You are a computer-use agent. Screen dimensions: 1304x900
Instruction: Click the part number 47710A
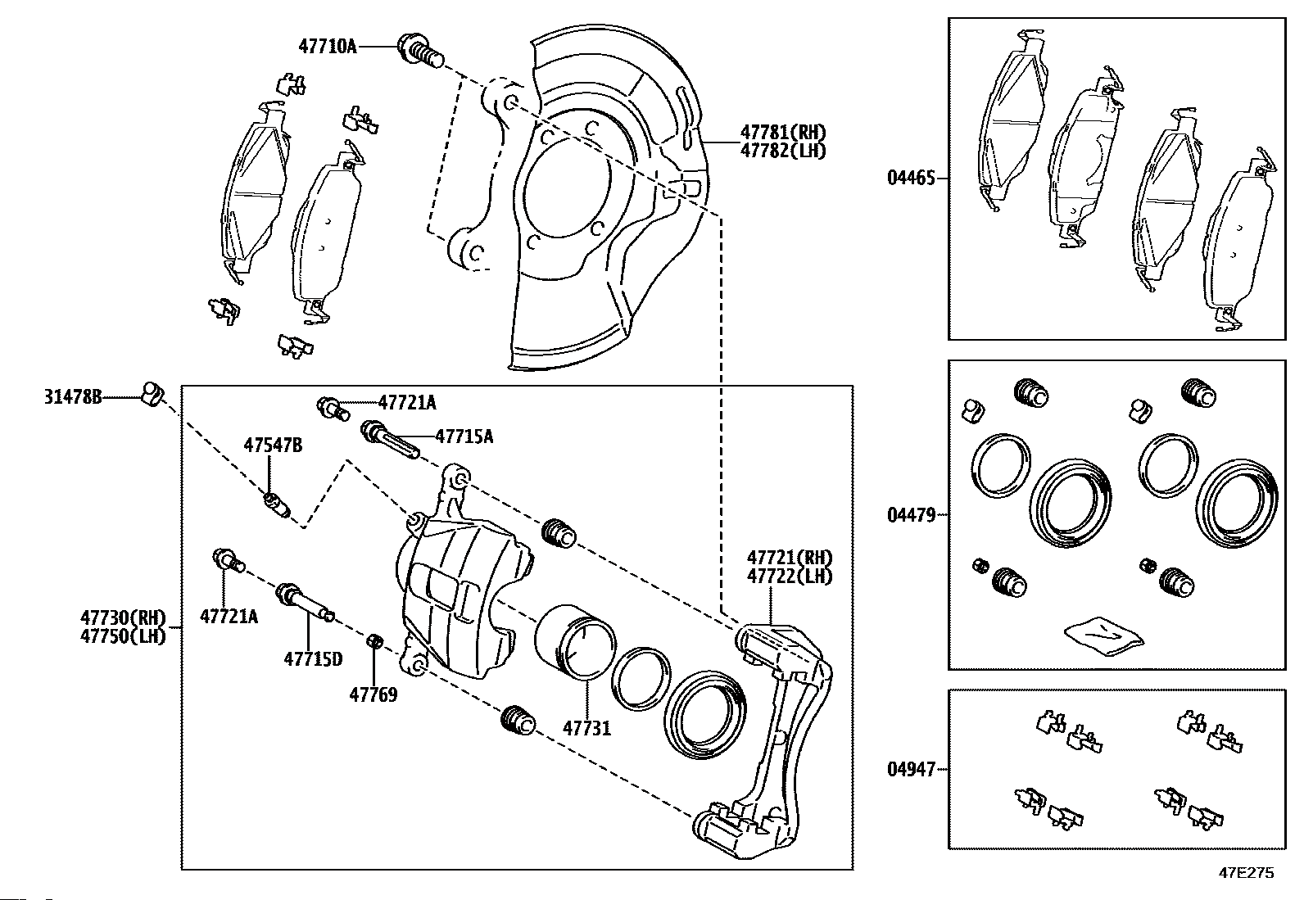(327, 46)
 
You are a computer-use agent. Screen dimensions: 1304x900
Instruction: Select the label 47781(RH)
(783, 132)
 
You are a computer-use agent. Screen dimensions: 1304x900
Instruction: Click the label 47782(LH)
(783, 151)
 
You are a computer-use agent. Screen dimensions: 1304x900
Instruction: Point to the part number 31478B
(74, 397)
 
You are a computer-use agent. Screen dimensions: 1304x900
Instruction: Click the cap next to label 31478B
(152, 394)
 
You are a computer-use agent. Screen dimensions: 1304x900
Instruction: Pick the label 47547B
(273, 445)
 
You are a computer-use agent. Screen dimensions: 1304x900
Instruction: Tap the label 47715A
(464, 436)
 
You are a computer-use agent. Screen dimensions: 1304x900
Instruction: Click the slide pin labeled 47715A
(390, 440)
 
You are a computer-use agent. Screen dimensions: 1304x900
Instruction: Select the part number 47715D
(313, 659)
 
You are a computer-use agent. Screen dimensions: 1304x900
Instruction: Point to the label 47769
(374, 694)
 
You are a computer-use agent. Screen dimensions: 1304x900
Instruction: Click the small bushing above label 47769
(374, 641)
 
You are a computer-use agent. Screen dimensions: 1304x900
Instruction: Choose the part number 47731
(586, 728)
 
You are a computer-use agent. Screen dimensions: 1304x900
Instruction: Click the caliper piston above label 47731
(574, 642)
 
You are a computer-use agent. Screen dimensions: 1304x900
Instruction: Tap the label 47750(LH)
(124, 635)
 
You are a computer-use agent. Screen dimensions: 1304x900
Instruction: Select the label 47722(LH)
(790, 577)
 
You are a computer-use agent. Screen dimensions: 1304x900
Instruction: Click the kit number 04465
(911, 178)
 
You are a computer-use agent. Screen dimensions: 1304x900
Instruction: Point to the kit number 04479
(911, 515)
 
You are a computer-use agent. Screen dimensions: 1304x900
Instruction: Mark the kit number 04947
(911, 770)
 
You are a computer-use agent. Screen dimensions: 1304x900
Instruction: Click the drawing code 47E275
(1247, 873)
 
